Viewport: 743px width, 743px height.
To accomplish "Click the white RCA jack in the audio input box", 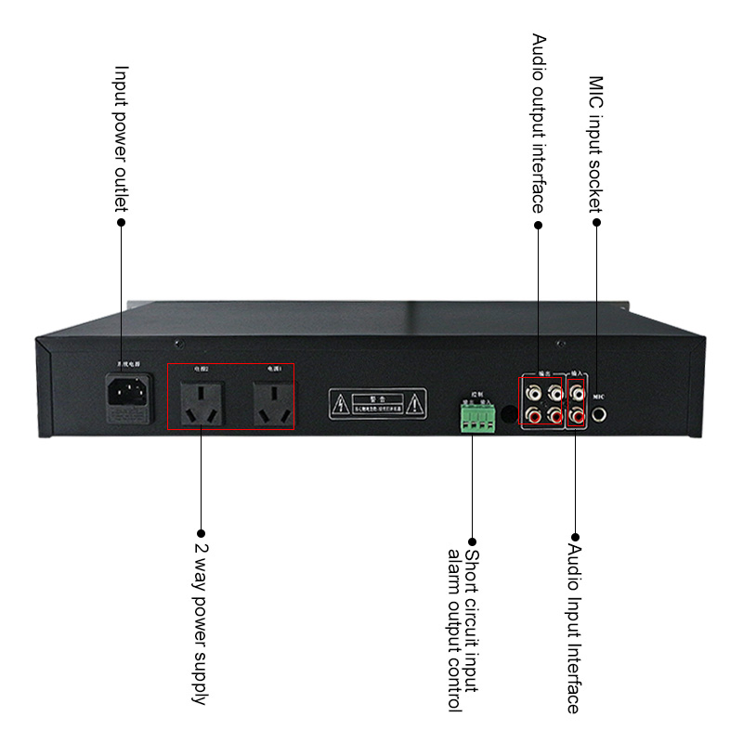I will tap(577, 392).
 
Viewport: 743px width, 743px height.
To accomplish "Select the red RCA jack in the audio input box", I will tap(577, 415).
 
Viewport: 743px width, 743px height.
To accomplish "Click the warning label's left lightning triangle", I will tap(342, 402).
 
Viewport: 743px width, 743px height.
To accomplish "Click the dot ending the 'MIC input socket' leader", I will tap(596, 222).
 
